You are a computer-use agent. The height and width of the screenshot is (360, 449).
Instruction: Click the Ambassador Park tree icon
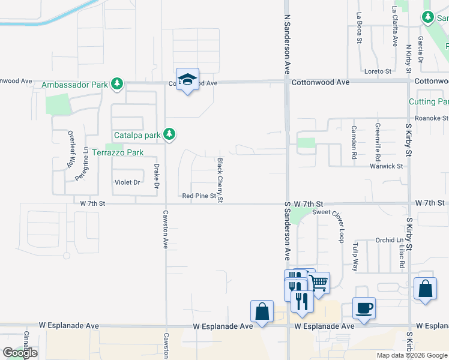click(118, 85)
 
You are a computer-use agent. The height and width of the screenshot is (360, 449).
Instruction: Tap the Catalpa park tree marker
click(170, 134)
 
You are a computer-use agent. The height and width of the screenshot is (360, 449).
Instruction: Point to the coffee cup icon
click(364, 308)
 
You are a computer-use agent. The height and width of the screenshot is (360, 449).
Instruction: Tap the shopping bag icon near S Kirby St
click(425, 289)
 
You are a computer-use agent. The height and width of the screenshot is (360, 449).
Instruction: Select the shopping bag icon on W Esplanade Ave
click(262, 311)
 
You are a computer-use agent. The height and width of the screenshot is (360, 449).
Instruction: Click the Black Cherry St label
click(220, 179)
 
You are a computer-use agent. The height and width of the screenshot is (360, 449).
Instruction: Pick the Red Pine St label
click(199, 196)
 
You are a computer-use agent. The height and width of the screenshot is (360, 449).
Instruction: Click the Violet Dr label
click(127, 182)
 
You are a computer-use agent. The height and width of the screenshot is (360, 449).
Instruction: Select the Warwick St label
click(385, 166)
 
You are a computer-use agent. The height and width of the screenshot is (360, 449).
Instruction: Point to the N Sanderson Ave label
click(288, 36)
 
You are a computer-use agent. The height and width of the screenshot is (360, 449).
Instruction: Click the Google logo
click(20, 353)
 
